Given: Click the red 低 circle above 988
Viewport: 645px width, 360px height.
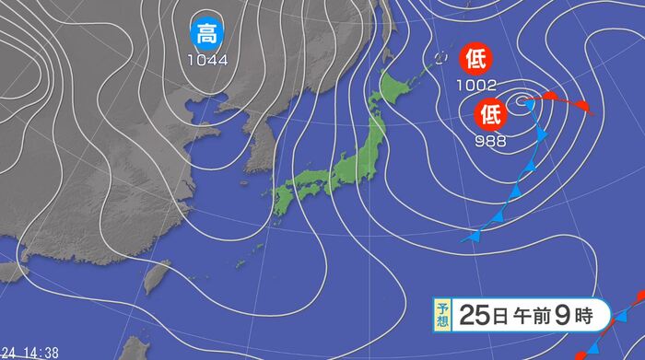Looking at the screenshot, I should click(489, 114).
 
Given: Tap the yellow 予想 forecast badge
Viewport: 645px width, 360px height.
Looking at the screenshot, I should click(443, 316).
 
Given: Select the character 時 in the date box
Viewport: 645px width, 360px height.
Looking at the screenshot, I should click(587, 316).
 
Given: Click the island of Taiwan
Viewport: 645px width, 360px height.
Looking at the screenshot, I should click(158, 273).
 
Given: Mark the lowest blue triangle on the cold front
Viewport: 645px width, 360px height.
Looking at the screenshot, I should click(474, 236).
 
